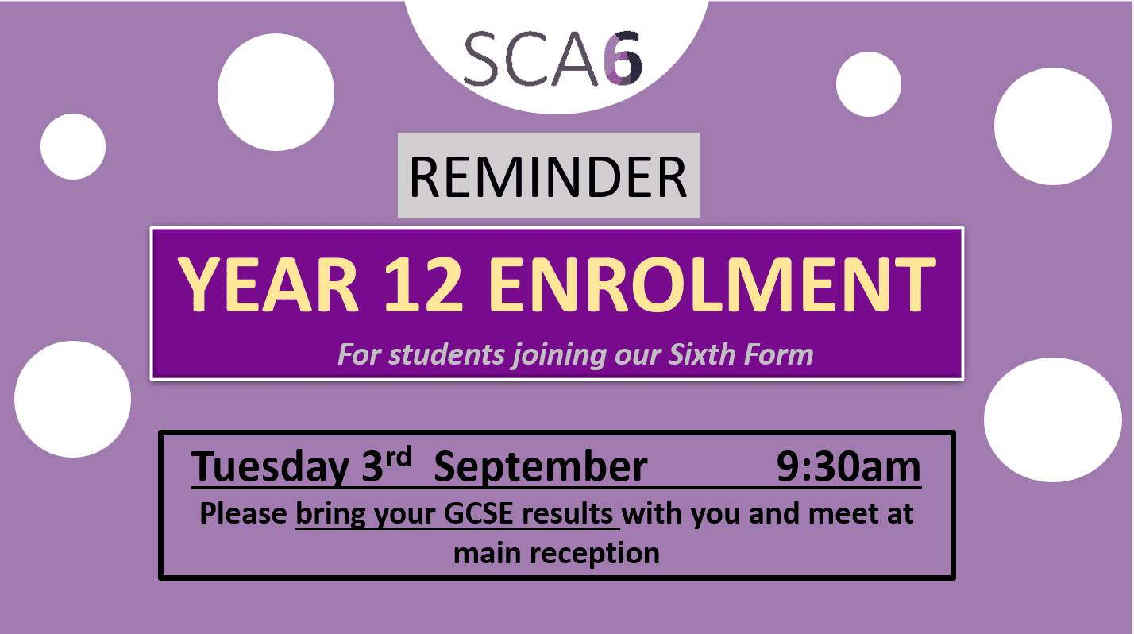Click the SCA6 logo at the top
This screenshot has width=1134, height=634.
click(553, 59)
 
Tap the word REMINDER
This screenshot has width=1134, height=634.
click(548, 176)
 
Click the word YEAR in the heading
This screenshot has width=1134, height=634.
click(269, 284)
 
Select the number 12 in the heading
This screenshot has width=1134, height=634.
click(423, 284)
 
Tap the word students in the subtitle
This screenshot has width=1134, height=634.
click(446, 354)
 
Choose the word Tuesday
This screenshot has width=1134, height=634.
click(270, 467)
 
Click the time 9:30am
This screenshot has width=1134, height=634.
click(849, 466)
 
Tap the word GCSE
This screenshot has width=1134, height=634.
click(478, 513)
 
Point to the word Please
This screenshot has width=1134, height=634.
click(244, 513)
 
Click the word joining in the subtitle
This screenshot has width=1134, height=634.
click(559, 355)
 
